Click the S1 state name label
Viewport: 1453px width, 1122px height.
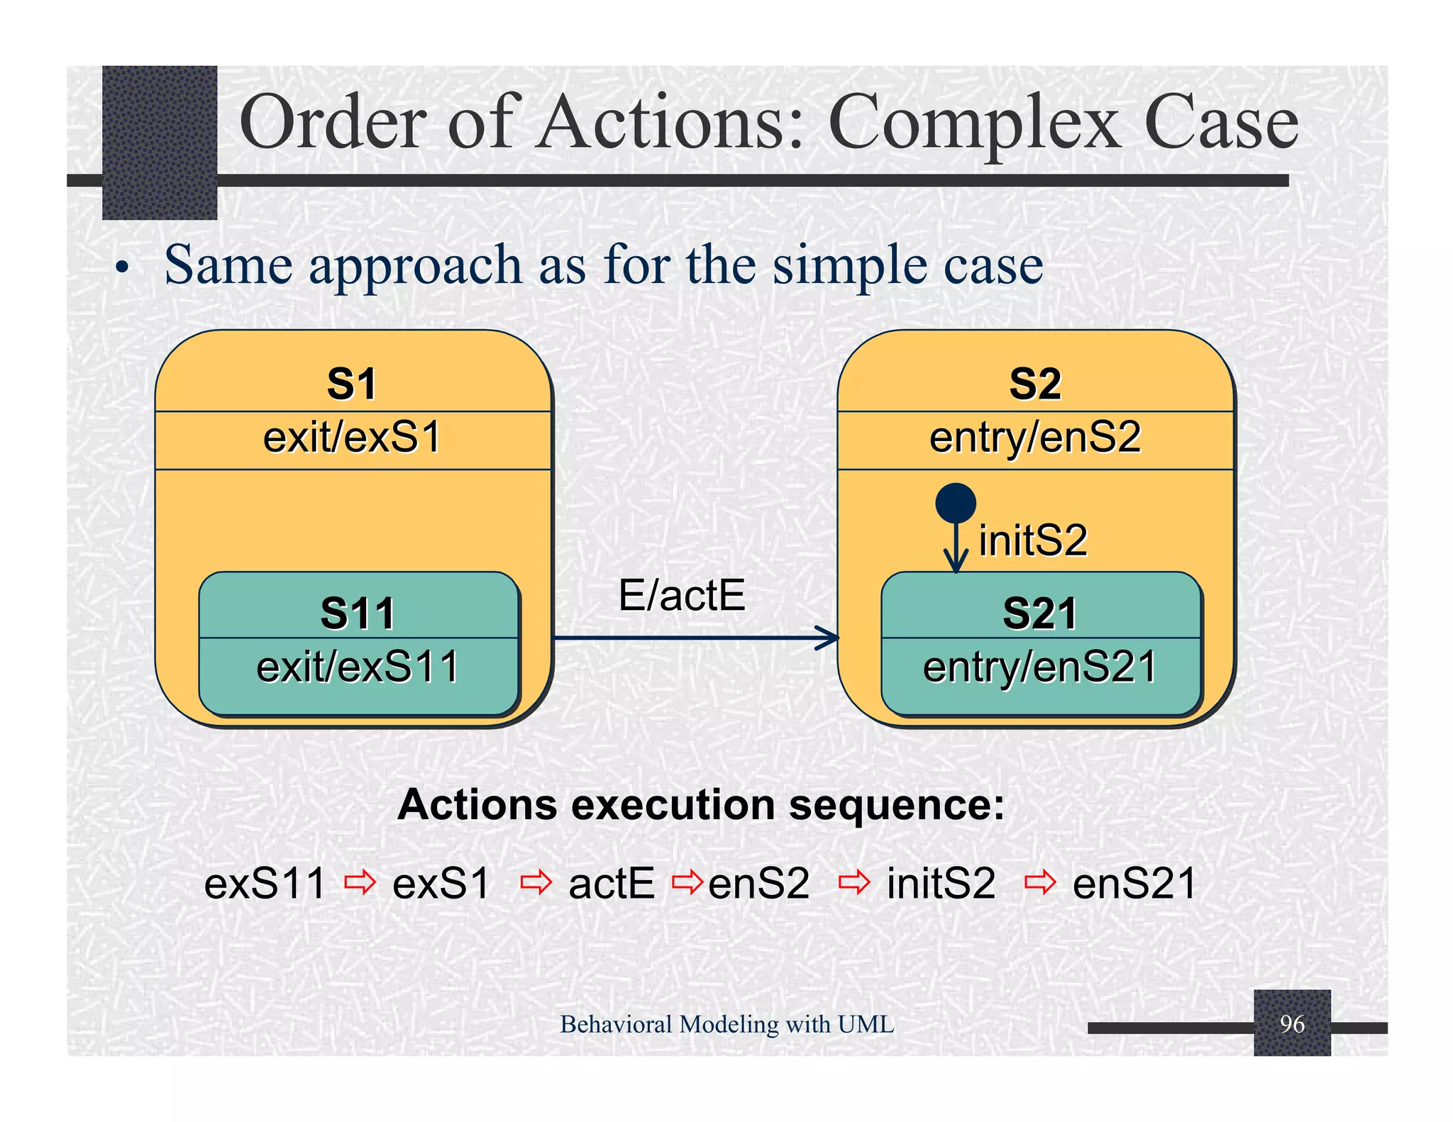point(352,384)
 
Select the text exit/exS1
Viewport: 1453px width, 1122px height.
point(352,437)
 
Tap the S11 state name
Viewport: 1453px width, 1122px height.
point(358,613)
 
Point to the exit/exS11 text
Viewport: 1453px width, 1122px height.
point(358,667)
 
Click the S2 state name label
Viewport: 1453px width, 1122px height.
point(1035,384)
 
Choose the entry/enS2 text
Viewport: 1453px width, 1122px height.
point(1035,437)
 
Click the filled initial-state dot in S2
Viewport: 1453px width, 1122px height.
point(956,503)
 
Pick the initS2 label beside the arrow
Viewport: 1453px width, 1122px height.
point(1033,540)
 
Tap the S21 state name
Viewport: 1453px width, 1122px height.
point(1040,613)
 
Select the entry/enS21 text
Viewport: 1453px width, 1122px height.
point(1040,667)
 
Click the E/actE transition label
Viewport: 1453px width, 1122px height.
point(682,595)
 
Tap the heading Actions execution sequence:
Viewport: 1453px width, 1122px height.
point(701,805)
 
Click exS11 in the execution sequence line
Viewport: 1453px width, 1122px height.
point(265,884)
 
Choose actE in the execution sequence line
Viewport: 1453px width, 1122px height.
point(612,884)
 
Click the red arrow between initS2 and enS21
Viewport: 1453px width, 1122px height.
point(1040,883)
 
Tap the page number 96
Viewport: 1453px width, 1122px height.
point(1292,1023)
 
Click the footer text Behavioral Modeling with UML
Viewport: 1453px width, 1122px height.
point(726,1024)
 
